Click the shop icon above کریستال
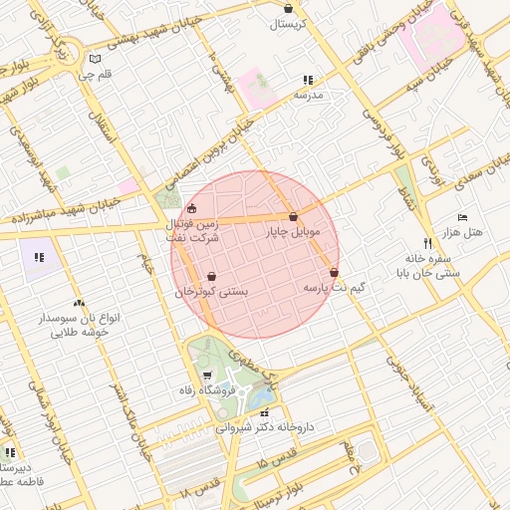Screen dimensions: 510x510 click(288, 8)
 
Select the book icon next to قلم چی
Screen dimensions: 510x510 click(95, 58)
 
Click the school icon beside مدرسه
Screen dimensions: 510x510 click(308, 80)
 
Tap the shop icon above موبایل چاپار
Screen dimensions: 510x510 click(293, 217)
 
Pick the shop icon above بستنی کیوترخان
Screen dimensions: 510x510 click(211, 277)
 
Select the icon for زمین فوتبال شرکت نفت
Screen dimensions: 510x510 click(192, 209)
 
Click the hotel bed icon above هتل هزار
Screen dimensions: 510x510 click(462, 217)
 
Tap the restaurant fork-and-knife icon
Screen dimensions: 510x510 click(427, 242)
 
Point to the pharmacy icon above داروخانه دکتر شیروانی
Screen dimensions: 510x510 click(264, 412)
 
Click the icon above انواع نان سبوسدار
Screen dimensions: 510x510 click(79, 303)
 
